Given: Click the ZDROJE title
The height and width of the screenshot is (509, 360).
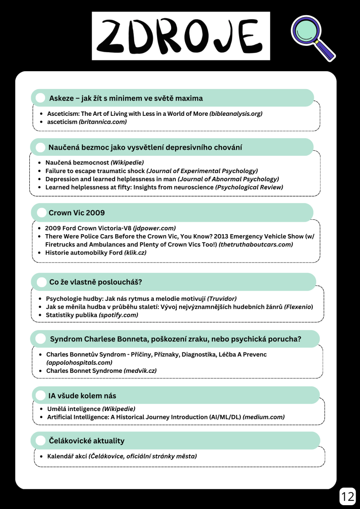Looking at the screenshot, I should (x=181, y=36).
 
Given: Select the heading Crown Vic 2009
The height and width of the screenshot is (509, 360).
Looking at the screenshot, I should (x=77, y=213).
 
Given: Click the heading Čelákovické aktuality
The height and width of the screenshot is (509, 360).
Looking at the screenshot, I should (x=86, y=441).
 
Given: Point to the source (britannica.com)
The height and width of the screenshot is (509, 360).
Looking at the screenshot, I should (x=103, y=122).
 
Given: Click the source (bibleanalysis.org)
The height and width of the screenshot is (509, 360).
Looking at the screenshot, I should (x=236, y=114).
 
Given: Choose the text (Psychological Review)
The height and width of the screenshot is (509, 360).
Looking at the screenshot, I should (x=249, y=187).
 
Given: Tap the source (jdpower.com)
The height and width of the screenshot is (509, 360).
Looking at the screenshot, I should (x=155, y=228).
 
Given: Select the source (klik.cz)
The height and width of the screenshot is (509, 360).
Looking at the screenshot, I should (x=136, y=252).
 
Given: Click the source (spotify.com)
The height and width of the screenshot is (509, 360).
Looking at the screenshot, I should (x=118, y=315).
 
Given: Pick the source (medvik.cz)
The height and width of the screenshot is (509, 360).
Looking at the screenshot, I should (x=140, y=370).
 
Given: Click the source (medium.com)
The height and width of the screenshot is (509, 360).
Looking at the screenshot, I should (x=264, y=417).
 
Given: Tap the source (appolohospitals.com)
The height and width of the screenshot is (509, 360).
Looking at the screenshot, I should (x=79, y=362).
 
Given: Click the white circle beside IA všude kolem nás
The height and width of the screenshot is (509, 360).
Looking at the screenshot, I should (x=41, y=396).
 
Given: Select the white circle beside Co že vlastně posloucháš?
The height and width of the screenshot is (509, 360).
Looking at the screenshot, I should (x=42, y=282).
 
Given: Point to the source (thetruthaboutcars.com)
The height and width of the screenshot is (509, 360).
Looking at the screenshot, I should (x=256, y=244).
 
